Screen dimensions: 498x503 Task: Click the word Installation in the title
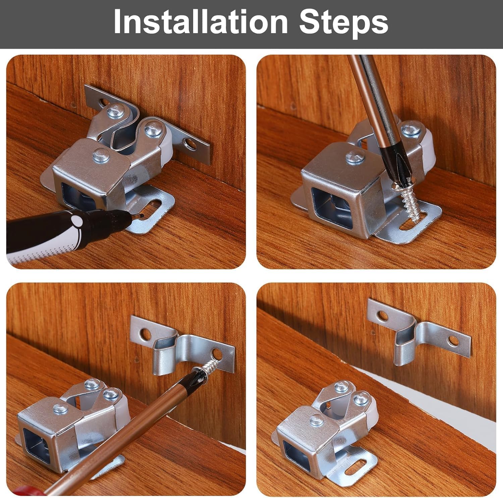tap(201, 22)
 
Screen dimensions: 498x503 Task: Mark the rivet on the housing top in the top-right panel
tap(355, 157)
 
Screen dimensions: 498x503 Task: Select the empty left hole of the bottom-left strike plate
tap(145, 334)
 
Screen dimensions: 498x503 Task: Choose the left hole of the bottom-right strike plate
tap(382, 315)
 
